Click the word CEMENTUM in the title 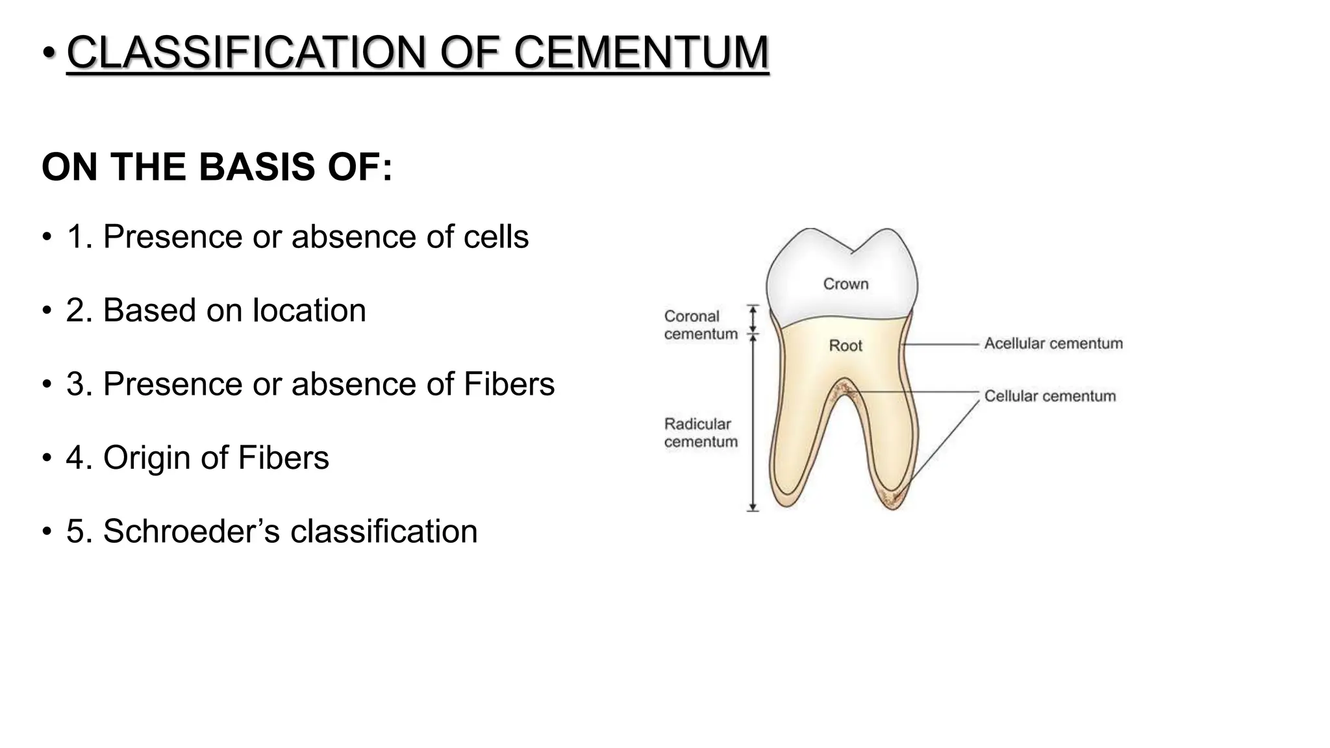642,52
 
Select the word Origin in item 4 147,458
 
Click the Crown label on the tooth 846,284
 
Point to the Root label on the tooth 846,345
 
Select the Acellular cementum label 1053,343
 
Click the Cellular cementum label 1050,396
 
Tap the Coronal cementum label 701,325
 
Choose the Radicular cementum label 701,432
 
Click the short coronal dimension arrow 753,319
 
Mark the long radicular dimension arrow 753,422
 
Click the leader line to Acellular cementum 942,343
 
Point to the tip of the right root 893,506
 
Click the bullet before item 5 46,532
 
